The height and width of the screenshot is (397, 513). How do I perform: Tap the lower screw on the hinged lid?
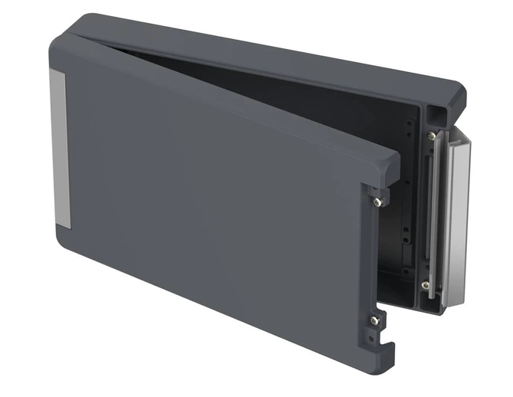(x=373, y=320)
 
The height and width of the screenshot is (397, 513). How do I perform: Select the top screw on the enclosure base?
(x=432, y=136)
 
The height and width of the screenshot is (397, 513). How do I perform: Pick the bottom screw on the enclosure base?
(x=425, y=285)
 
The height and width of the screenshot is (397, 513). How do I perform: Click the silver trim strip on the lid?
(x=58, y=149)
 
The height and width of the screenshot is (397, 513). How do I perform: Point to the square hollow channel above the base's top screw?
(x=436, y=113)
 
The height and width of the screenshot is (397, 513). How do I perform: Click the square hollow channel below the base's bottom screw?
(x=431, y=304)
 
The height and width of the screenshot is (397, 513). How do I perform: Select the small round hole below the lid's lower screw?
(x=373, y=334)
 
